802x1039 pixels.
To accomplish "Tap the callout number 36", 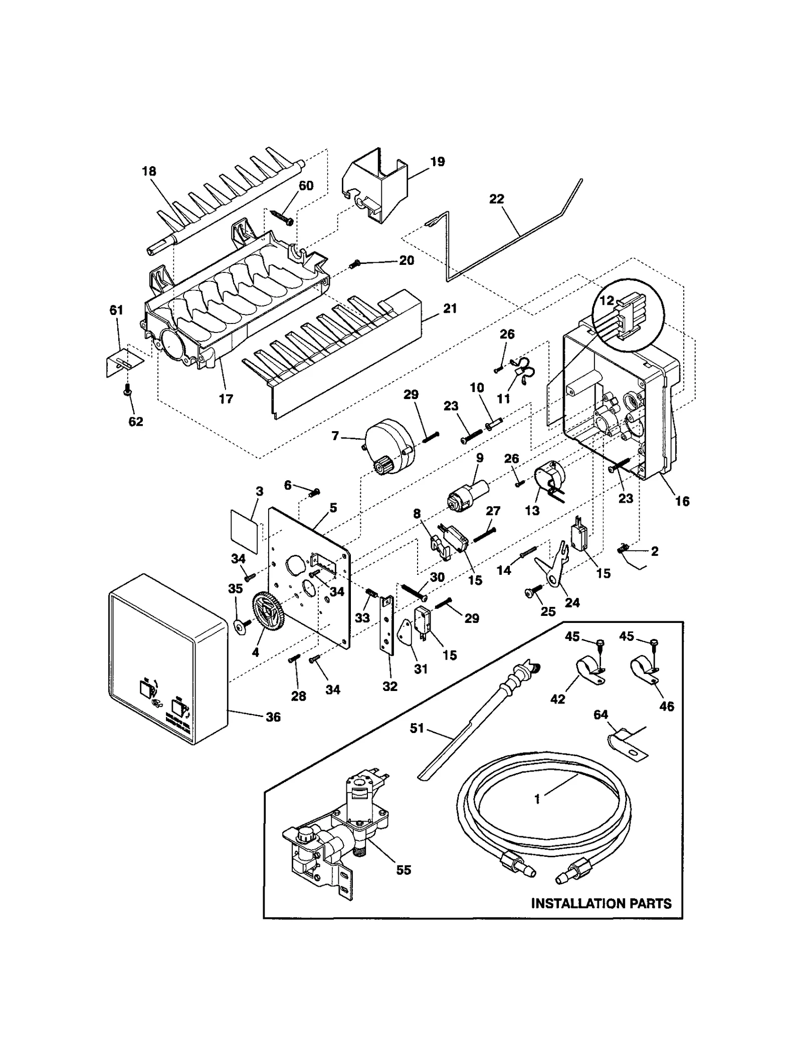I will (x=273, y=717).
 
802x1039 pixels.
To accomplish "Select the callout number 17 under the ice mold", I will (x=226, y=399).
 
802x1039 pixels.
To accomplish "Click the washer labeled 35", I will (x=241, y=625).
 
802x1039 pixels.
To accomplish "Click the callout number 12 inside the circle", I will (x=607, y=301).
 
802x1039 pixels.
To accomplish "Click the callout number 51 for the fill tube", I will (x=417, y=728).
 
